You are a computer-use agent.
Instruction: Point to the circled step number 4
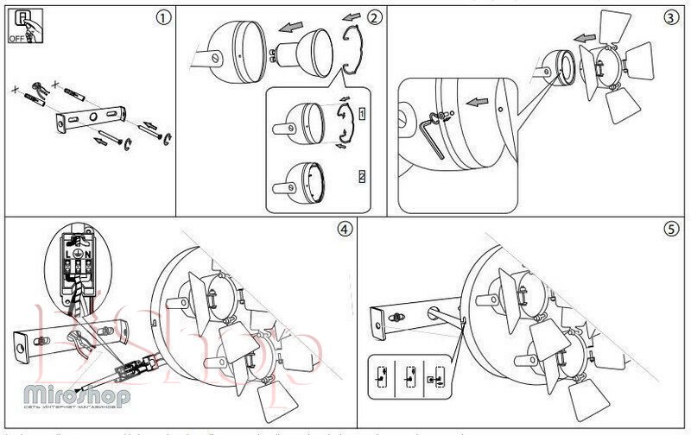(345, 230)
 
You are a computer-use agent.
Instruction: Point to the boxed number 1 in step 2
(361, 113)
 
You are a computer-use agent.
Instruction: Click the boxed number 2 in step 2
(361, 177)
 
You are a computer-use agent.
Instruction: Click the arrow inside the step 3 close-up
(474, 102)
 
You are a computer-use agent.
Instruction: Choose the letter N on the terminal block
(88, 254)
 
